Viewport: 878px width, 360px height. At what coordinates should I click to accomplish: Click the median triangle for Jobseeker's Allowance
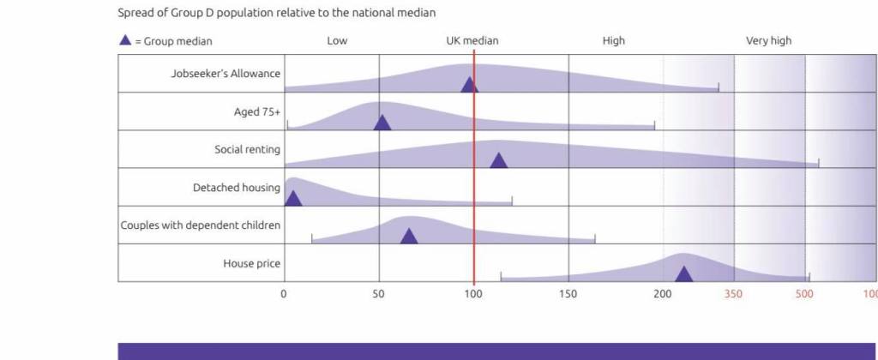coord(469,85)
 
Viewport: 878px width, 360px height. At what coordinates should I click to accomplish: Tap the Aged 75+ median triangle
coord(382,123)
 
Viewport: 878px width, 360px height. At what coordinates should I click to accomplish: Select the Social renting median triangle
coord(498,160)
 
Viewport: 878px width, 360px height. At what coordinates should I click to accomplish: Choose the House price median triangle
coord(683,273)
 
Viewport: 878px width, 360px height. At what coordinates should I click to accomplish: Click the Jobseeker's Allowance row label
coord(226,74)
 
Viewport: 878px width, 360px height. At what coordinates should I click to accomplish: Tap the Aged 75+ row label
coord(257,111)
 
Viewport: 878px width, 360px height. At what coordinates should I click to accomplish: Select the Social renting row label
coord(247,149)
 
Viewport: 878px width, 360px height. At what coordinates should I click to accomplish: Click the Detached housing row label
coord(237,187)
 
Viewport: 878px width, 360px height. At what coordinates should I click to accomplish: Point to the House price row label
coord(251,263)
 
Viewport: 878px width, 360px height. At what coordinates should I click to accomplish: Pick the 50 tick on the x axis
coord(379,293)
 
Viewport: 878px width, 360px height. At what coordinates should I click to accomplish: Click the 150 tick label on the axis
coord(568,293)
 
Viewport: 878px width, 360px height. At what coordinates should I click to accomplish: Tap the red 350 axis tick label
coord(734,293)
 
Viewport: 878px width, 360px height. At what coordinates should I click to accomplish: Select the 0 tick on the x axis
coord(285,293)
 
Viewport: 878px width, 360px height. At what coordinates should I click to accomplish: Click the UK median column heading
coord(472,40)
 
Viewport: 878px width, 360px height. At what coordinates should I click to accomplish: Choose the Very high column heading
coord(769,40)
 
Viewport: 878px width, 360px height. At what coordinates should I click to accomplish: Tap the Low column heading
coord(337,40)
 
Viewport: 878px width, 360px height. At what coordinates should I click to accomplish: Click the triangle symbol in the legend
coord(125,40)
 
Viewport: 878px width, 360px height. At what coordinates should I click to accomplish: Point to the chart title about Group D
coord(277,13)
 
